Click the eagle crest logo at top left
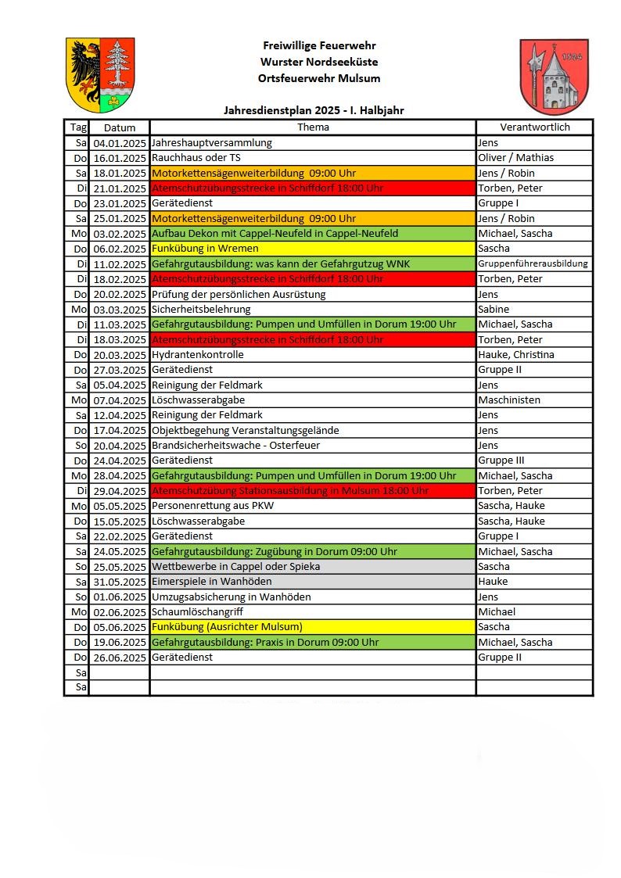100,74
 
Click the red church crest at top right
554,76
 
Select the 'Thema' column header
313,127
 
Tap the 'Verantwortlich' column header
535,127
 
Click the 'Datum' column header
120,127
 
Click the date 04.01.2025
120,143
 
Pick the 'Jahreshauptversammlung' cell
212,143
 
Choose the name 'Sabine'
494,309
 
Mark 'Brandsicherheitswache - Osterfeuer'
235,445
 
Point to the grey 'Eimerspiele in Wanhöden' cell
212,582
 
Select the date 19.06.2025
120,643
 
